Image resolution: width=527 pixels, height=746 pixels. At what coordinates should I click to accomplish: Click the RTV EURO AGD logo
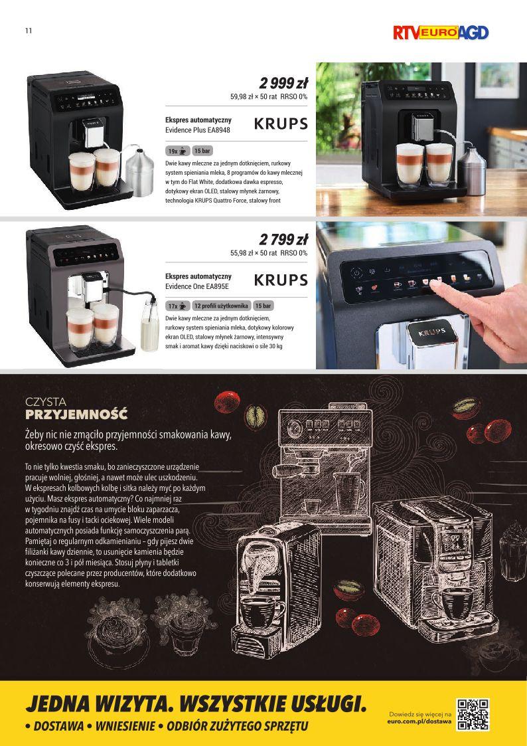[x=441, y=33]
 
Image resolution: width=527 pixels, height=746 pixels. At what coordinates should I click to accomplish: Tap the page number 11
[x=29, y=31]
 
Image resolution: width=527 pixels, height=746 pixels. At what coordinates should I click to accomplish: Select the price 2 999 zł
[x=283, y=84]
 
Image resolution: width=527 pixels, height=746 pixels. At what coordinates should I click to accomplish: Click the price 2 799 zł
[x=283, y=239]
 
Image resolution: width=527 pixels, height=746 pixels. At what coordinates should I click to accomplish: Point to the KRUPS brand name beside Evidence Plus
[x=281, y=124]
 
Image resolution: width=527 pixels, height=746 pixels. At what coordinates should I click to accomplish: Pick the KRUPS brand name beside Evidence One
[x=281, y=280]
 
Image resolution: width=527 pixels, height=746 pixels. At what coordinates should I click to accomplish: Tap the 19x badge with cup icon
[x=178, y=151]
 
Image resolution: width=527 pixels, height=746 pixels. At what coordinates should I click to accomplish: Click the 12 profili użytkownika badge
[x=222, y=306]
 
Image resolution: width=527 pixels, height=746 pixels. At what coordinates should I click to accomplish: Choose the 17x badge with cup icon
[x=178, y=306]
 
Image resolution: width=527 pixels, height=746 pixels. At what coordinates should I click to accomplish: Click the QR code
[x=473, y=715]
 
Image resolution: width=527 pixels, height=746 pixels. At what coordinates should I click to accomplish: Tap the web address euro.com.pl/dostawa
[x=419, y=721]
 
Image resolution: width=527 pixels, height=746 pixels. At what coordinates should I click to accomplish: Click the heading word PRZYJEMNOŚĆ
[x=76, y=415]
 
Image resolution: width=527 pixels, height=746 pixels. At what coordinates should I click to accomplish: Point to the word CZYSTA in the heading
[x=46, y=402]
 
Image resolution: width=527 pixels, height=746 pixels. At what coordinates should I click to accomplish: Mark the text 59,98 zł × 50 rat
[x=254, y=96]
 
